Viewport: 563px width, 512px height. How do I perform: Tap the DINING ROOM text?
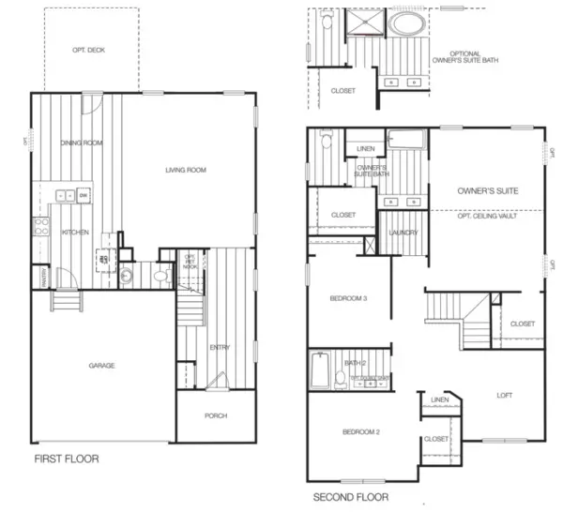[81, 143]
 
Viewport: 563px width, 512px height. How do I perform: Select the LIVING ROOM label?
[185, 170]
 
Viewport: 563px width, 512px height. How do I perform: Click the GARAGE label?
[101, 365]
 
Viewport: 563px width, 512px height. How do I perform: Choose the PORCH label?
[216, 415]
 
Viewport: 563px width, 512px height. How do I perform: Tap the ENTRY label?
[220, 348]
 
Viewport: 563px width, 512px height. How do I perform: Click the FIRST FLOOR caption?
[67, 459]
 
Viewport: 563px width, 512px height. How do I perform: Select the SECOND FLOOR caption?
[350, 496]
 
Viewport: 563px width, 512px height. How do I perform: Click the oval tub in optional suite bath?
[405, 23]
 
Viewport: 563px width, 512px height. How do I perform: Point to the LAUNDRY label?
[403, 233]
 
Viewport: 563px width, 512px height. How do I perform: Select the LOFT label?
[504, 395]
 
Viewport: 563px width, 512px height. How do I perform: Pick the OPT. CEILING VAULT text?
[488, 216]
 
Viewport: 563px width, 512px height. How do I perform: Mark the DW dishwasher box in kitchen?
[84, 195]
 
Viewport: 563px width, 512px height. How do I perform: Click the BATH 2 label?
[355, 362]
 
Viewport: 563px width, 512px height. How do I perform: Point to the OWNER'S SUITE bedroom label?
[487, 190]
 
